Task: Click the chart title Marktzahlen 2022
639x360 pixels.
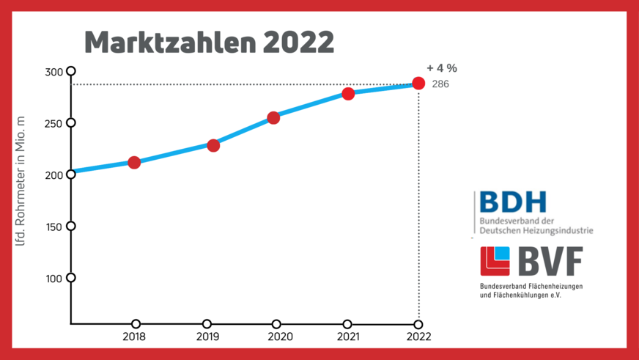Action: (x=210, y=43)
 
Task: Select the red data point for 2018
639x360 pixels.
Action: (x=134, y=162)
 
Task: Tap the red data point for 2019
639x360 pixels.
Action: (x=213, y=145)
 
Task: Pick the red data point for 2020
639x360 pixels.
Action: (x=273, y=117)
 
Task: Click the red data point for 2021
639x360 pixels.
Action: (x=348, y=93)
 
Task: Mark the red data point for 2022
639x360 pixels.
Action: (x=418, y=84)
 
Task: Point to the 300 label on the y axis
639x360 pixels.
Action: (x=54, y=72)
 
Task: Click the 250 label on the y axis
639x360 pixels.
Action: (x=54, y=123)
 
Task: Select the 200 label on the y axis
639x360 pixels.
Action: (x=54, y=175)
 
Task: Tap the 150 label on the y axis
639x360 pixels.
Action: (x=54, y=227)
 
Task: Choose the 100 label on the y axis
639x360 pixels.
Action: (x=54, y=278)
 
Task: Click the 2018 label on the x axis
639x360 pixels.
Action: (x=134, y=337)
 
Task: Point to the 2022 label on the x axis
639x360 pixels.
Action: (x=418, y=337)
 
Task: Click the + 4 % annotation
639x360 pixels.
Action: (x=441, y=68)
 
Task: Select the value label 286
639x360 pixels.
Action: (x=440, y=84)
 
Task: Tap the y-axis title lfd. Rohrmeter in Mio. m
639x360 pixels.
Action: (x=21, y=180)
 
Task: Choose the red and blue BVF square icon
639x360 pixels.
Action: (x=495, y=261)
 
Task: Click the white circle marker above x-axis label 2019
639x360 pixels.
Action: (x=207, y=324)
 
